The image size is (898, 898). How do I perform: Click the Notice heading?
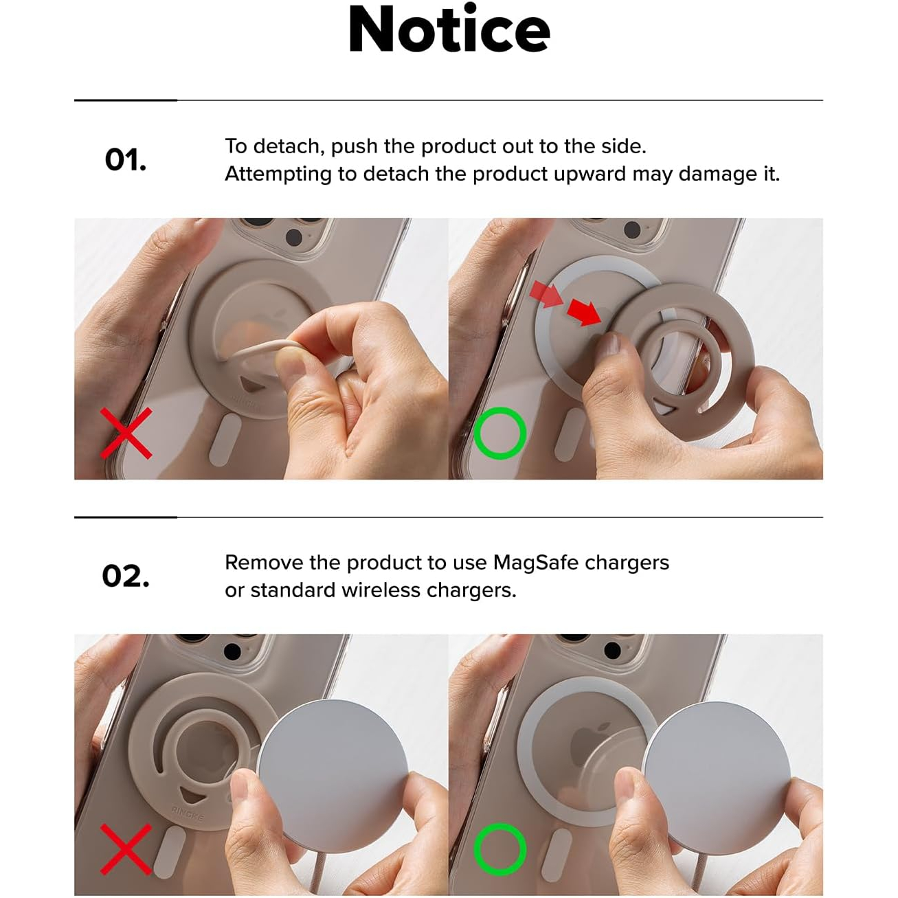tap(449, 30)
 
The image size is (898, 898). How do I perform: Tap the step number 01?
tap(125, 160)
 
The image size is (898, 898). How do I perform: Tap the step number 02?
tap(125, 576)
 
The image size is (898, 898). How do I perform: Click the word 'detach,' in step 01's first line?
tap(289, 147)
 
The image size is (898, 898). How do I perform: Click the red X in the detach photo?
tap(126, 433)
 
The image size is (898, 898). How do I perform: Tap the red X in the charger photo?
tap(126, 849)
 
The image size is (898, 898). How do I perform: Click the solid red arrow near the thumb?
tap(585, 312)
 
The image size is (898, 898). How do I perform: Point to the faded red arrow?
tap(546, 293)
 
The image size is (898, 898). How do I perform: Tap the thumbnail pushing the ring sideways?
tap(609, 346)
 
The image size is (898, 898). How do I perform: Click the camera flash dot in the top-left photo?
tap(293, 237)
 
